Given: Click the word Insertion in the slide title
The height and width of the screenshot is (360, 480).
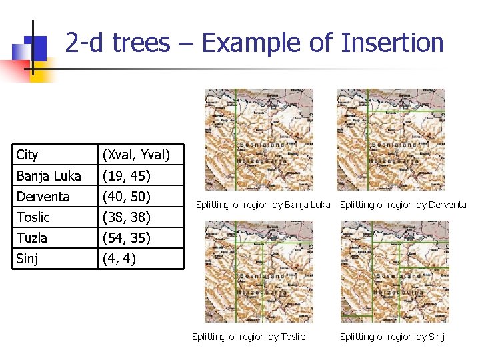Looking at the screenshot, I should [x=392, y=43].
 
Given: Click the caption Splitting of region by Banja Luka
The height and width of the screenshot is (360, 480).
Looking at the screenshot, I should [x=263, y=205].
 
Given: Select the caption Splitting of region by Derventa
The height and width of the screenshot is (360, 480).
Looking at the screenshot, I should [x=403, y=205].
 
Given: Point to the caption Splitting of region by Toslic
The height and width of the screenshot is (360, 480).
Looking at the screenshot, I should [x=248, y=337].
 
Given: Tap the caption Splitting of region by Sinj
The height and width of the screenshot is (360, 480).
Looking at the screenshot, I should [x=392, y=337].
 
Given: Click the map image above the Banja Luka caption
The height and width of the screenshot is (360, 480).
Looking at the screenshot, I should [x=258, y=139].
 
